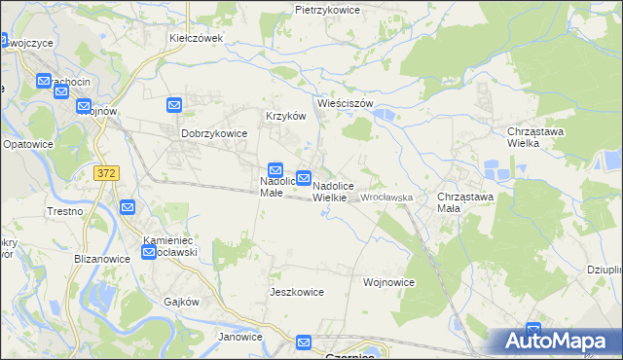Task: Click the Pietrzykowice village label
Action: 327,10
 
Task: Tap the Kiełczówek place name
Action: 198,39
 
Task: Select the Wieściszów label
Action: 346,102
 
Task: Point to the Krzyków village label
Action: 286,116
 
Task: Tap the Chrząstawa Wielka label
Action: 536,136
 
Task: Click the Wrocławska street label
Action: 387,198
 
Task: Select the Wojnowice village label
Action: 389,283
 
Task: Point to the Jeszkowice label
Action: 296,292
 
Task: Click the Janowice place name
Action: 240,338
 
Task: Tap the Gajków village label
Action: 182,302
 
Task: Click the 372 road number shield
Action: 107,172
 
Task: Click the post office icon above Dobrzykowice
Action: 174,105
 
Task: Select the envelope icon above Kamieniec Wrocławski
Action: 127,206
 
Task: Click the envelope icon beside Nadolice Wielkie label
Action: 304,178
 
